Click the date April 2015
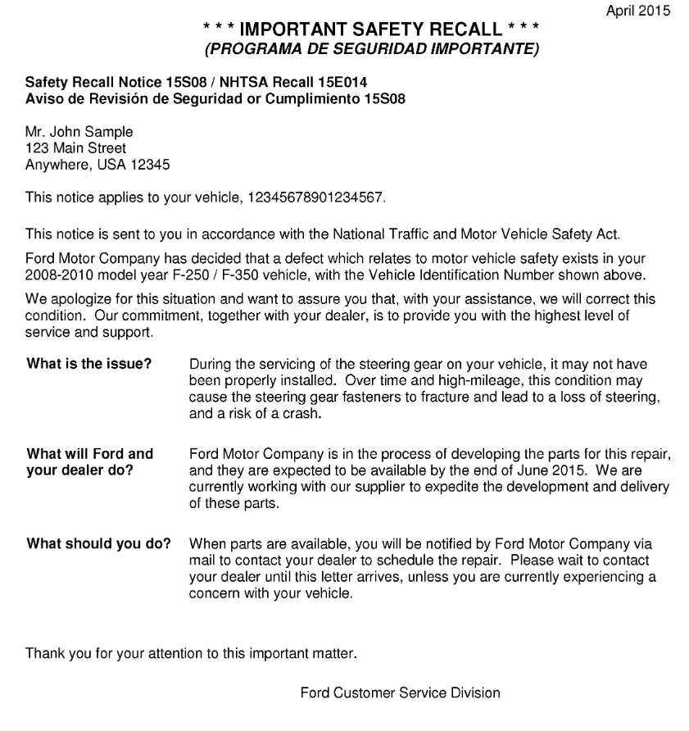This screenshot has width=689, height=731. (637, 11)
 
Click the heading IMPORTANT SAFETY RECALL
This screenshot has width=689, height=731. (373, 32)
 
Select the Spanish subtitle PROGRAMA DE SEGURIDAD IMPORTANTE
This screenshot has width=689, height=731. (372, 50)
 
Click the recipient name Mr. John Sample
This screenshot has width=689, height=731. (79, 132)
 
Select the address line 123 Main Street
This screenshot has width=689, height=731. (76, 148)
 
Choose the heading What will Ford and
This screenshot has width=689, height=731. (90, 454)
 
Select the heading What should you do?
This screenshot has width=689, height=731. (99, 543)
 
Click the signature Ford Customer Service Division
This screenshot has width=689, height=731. (400, 693)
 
